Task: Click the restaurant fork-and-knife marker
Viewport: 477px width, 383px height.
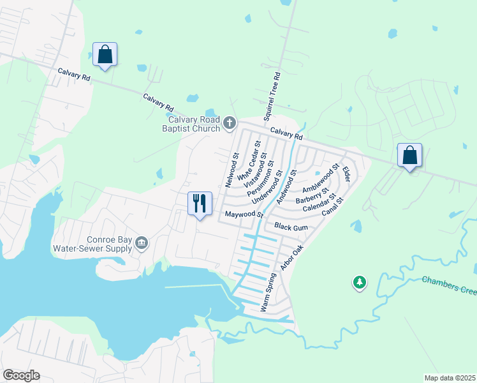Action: [x=200, y=204]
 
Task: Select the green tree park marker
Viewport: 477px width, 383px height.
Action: [x=360, y=282]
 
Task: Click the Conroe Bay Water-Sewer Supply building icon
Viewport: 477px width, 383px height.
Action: [x=142, y=242]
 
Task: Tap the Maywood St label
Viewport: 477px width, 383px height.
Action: [x=243, y=214]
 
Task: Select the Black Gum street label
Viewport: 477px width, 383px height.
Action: [x=291, y=227]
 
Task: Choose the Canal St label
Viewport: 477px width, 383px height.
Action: [x=333, y=207]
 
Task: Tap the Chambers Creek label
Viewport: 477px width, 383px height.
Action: [x=449, y=285]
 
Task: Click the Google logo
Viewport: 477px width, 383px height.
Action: [x=21, y=375]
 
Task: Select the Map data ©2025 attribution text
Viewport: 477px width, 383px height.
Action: [x=450, y=377]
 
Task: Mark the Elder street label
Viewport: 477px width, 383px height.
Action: [x=346, y=174]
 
